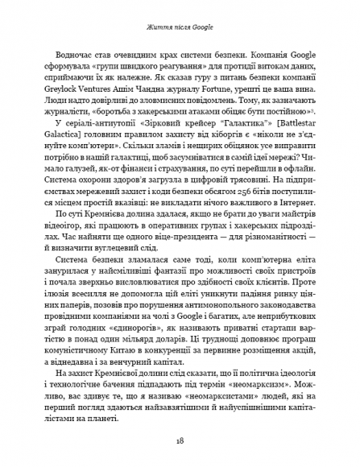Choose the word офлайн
tap(306, 172)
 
